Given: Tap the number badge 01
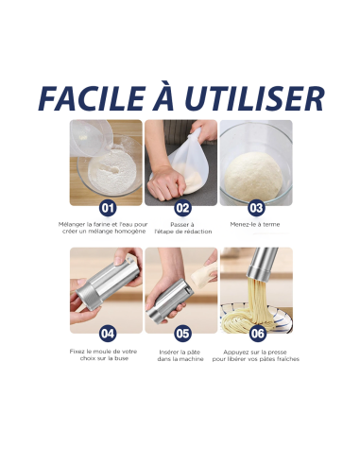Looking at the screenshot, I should coord(107,208).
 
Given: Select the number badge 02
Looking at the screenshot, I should coord(181,208).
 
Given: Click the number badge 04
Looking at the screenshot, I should coord(107,333).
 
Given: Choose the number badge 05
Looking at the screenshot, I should coord(181,333).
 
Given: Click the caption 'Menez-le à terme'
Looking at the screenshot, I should coord(255,224).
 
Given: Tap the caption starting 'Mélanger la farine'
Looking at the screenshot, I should coord(106,228).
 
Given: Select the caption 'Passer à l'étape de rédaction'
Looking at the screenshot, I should coord(181,228).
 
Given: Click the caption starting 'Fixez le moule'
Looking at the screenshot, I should coord(106,354).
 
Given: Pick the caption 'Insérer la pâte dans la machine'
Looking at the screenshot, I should coord(181,354).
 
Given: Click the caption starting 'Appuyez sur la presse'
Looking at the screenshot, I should coord(255,354).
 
